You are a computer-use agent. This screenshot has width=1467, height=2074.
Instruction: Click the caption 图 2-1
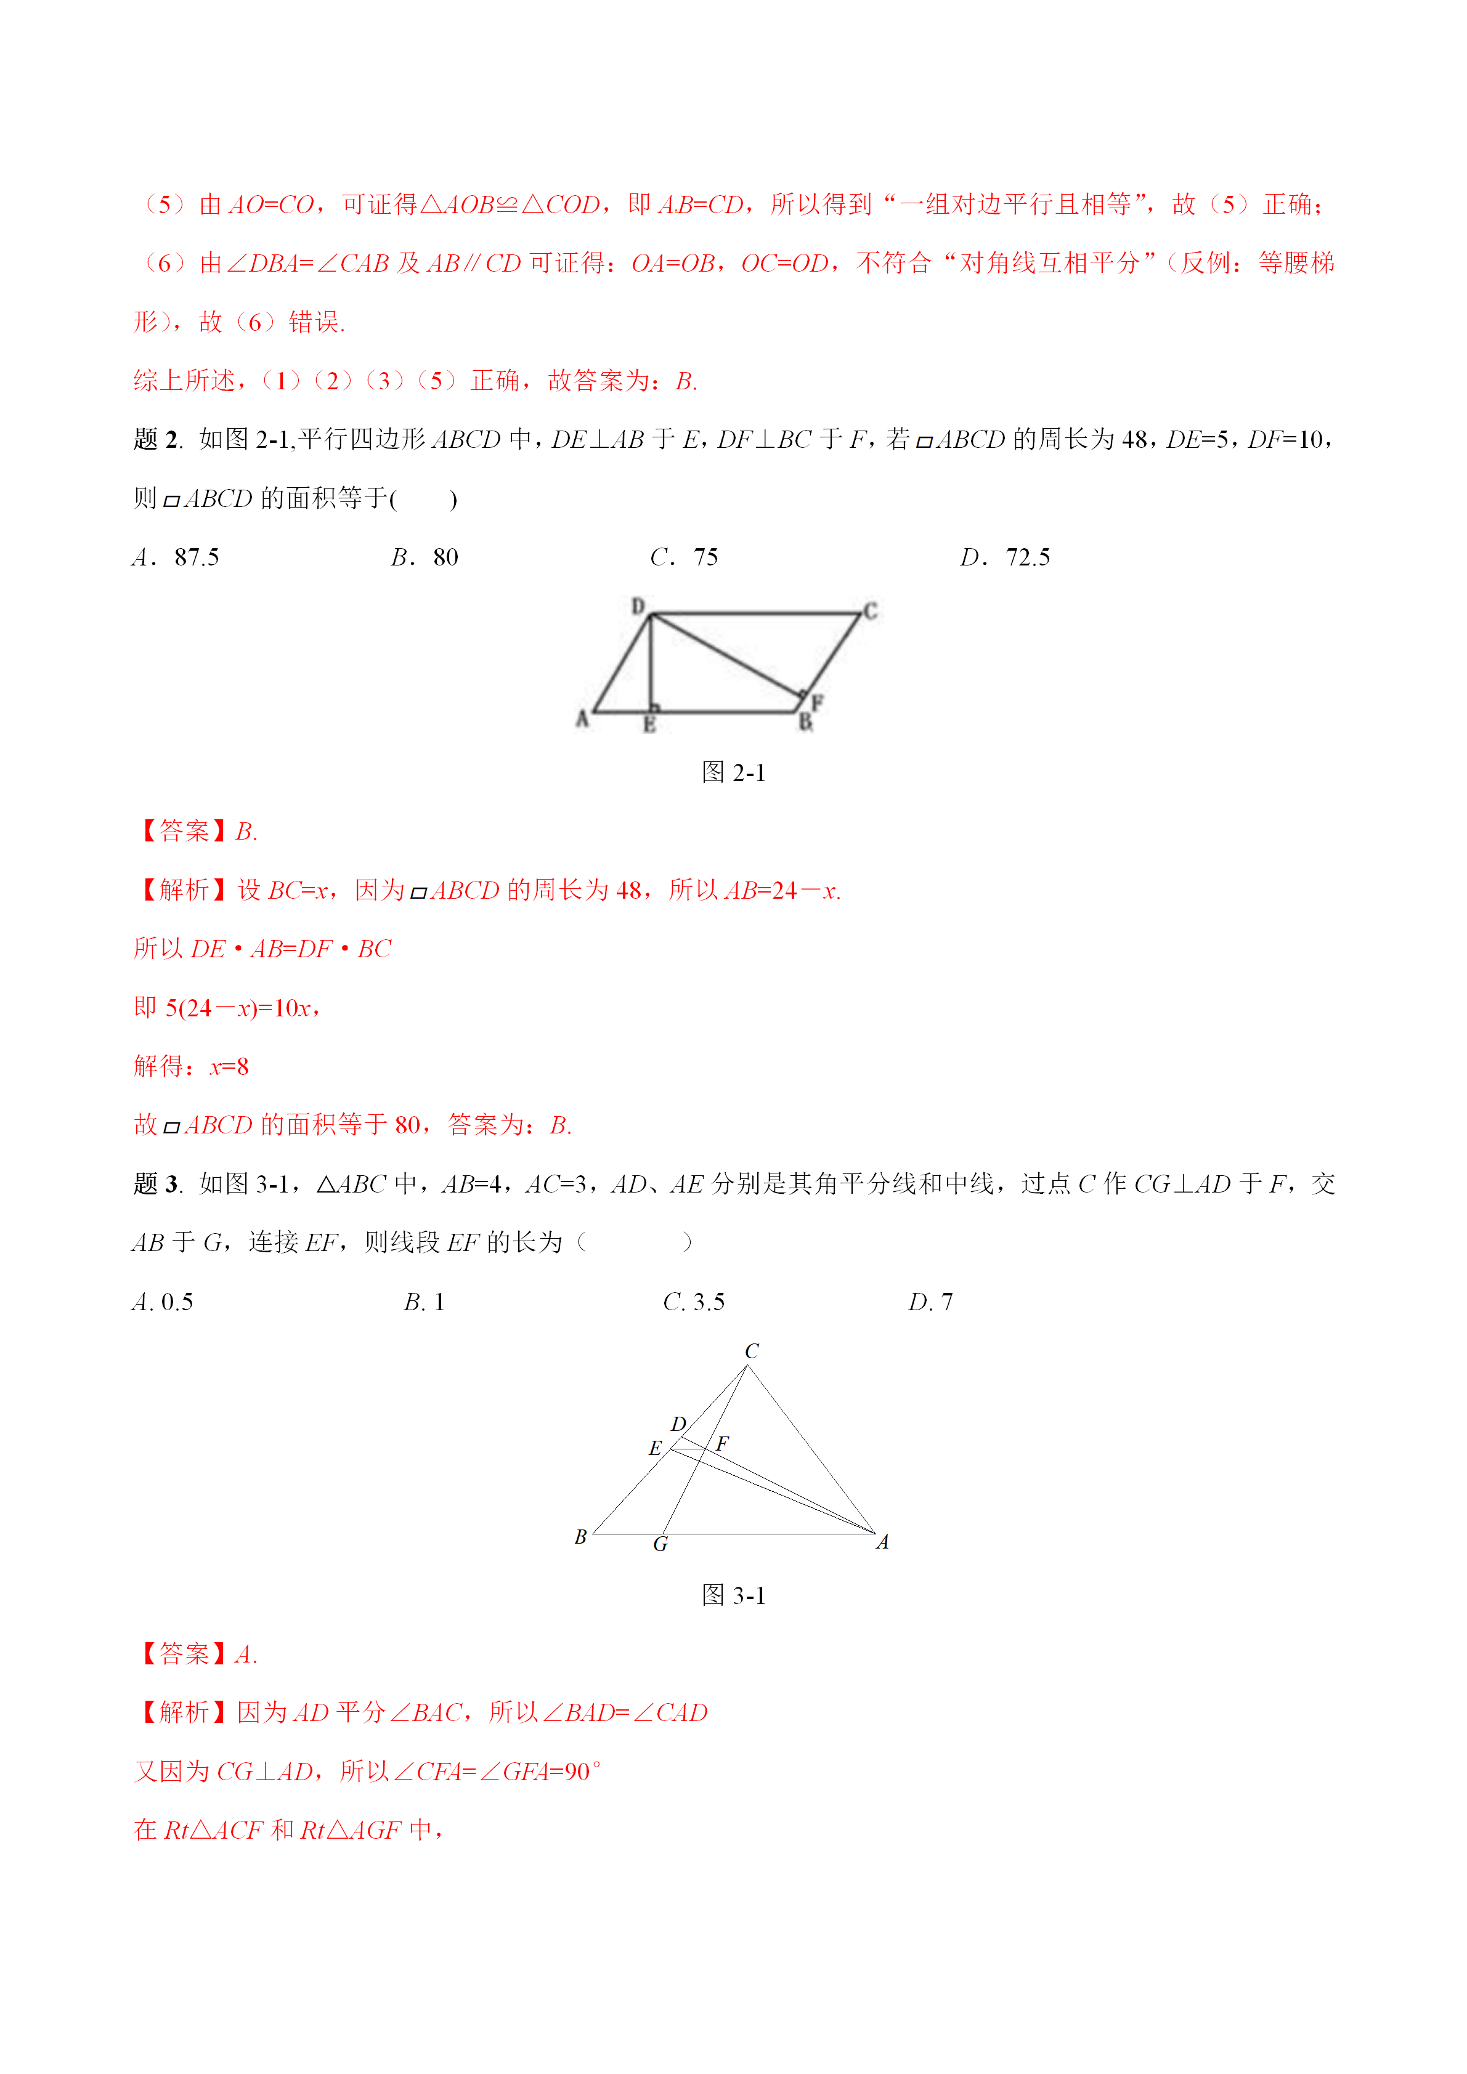733,772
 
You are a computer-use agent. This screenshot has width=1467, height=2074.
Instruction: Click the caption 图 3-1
733,1595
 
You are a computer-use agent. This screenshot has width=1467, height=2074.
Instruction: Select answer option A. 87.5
176,557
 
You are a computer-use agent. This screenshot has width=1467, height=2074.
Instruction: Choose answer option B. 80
425,557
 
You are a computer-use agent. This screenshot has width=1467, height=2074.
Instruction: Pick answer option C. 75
684,557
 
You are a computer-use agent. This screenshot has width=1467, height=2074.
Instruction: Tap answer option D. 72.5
1004,557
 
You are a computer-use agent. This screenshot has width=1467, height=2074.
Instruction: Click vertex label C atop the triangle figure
752,1351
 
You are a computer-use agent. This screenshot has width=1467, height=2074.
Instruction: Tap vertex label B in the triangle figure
581,1536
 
